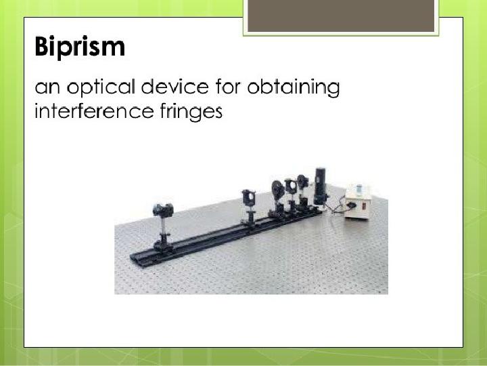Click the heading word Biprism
click(80, 47)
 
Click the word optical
click(101, 87)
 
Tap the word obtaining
click(294, 87)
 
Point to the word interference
click(94, 110)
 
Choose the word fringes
click(191, 111)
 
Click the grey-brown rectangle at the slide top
click(341, 16)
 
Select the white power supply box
click(357, 202)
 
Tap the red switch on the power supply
click(364, 206)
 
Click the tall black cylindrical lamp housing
click(320, 186)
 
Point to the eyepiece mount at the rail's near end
click(163, 210)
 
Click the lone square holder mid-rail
click(248, 198)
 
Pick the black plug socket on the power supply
click(352, 205)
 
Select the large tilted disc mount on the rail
click(277, 190)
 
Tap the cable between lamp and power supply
click(337, 207)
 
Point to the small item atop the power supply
click(359, 188)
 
